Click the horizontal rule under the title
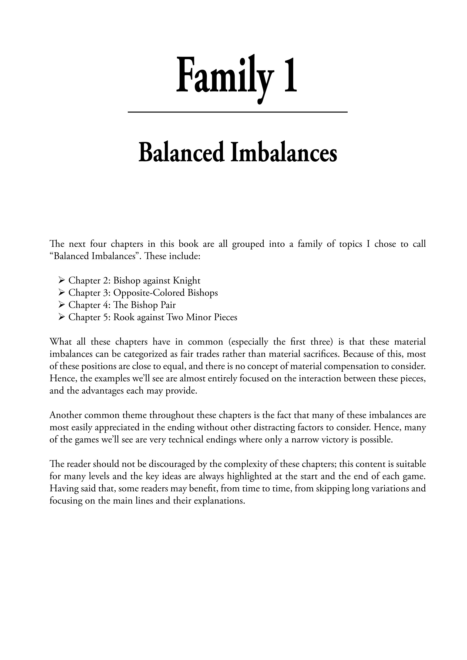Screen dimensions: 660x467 tap(238, 112)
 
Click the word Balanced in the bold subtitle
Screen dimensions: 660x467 tap(181, 153)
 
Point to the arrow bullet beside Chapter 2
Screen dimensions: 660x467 tap(61, 280)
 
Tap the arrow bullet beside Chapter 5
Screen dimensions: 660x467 tap(61, 317)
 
